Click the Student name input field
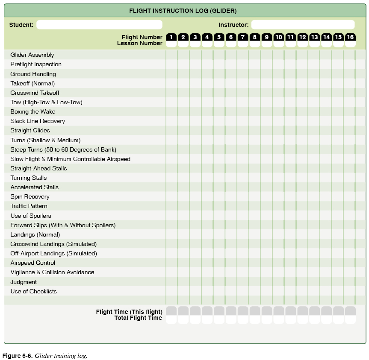pyautogui.click(x=99, y=25)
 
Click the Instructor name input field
pyautogui.click(x=303, y=25)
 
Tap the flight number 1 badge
pyautogui.click(x=171, y=37)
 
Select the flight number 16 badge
pyautogui.click(x=350, y=37)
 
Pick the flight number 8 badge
pyautogui.click(x=255, y=37)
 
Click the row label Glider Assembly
pyautogui.click(x=32, y=55)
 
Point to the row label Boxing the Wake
pyautogui.click(x=33, y=111)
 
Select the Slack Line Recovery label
pyautogui.click(x=38, y=121)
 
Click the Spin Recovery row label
pyautogui.click(x=30, y=196)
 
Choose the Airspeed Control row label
pyautogui.click(x=33, y=263)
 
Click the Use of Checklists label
pyautogui.click(x=33, y=291)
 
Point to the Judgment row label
pyautogui.click(x=24, y=282)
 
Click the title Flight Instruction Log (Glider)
pyautogui.click(x=183, y=11)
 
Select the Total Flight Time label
pyautogui.click(x=138, y=318)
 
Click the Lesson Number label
pyautogui.click(x=140, y=43)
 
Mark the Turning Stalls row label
pyautogui.click(x=29, y=178)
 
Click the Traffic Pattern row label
pyautogui.click(x=29, y=206)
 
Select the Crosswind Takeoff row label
pyautogui.click(x=35, y=93)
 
